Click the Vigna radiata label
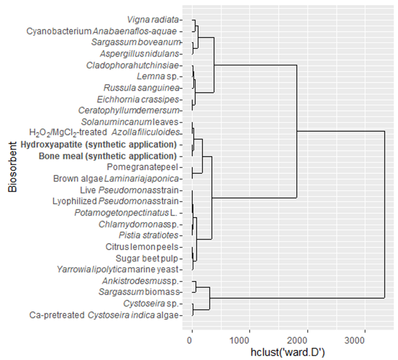[153, 20]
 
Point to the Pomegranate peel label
[142, 167]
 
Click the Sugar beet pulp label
[147, 258]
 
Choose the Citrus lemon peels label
[142, 247]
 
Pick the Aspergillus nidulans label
[139, 54]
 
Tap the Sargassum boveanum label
[135, 42]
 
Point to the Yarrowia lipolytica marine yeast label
[117, 269]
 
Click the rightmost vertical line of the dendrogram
[384, 214]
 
